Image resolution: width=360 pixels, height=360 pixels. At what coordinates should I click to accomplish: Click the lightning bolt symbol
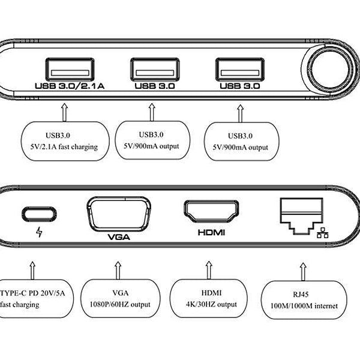click(40, 232)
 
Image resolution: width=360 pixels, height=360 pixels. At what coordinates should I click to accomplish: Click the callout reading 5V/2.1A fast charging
click(66, 140)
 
